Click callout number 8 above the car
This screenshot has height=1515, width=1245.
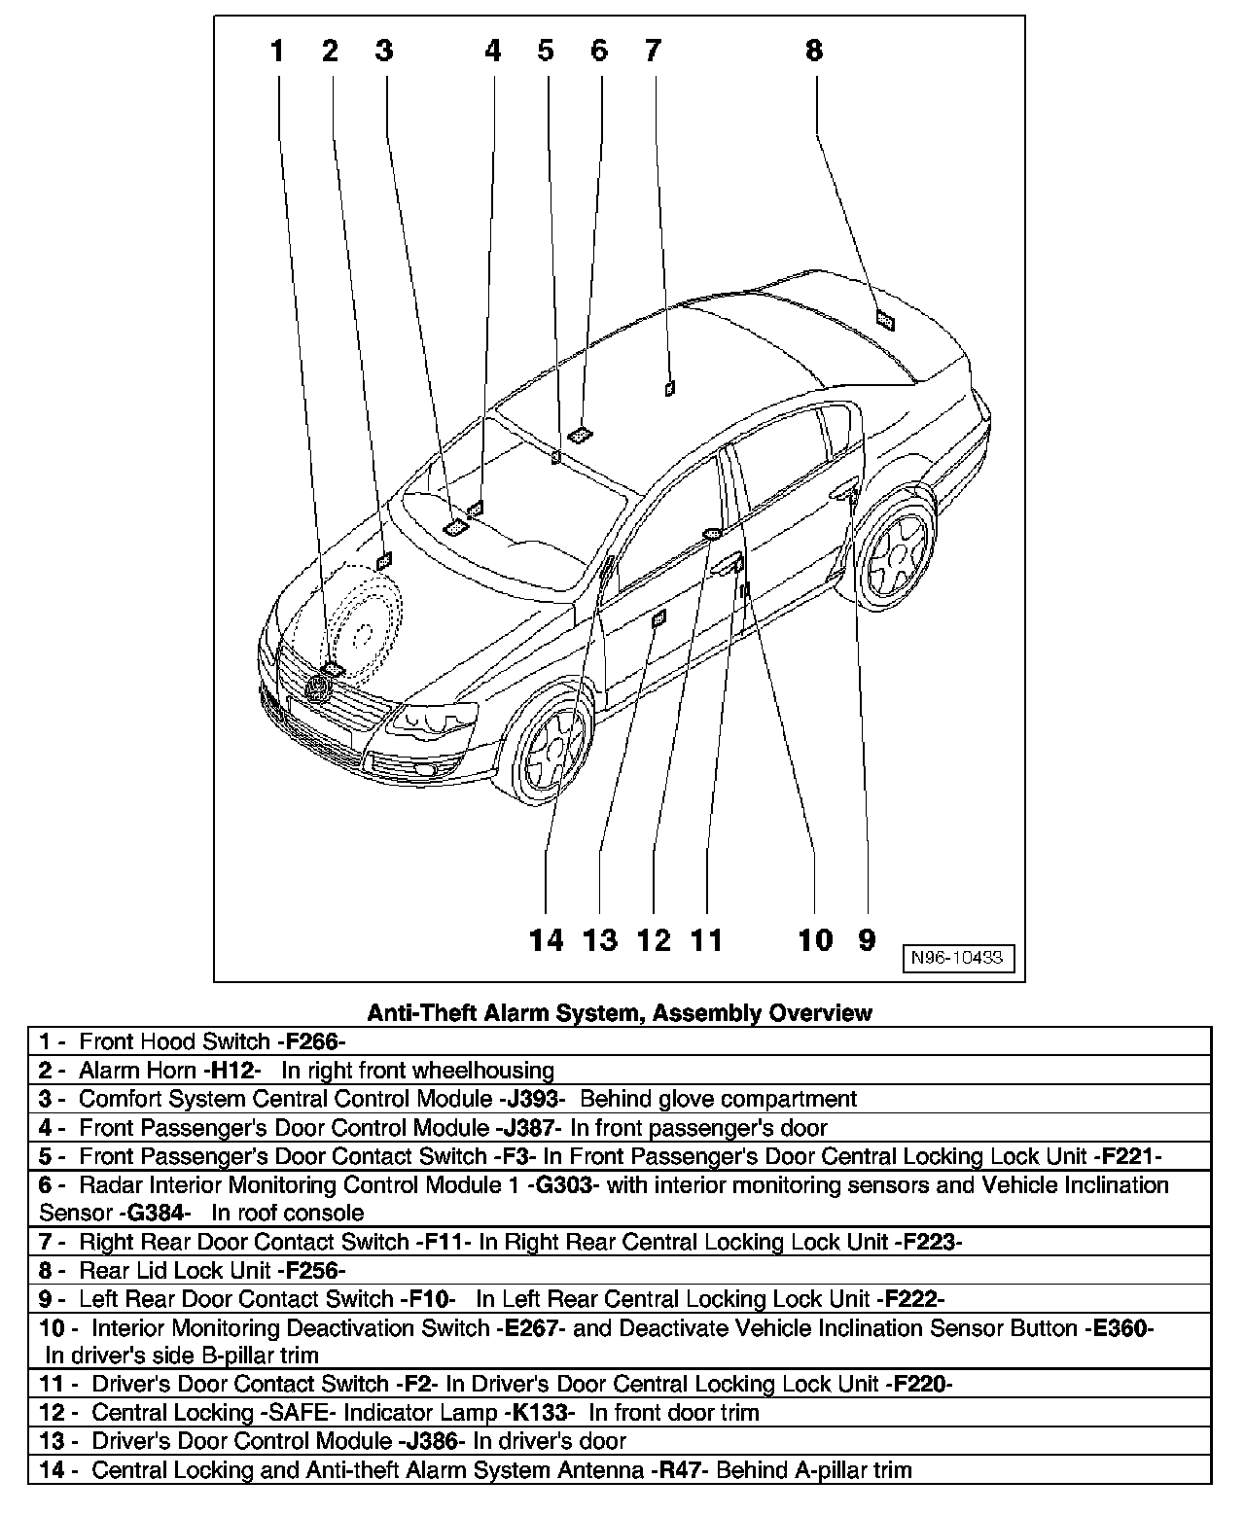[813, 51]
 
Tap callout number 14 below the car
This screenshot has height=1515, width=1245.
[547, 939]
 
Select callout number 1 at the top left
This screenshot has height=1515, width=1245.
[278, 51]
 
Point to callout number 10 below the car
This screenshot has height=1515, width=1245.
[815, 939]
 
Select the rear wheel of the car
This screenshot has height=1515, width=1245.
[896, 553]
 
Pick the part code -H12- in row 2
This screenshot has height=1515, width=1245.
[232, 1071]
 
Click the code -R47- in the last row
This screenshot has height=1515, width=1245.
[680, 1469]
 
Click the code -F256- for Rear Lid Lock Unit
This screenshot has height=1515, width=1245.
[311, 1270]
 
